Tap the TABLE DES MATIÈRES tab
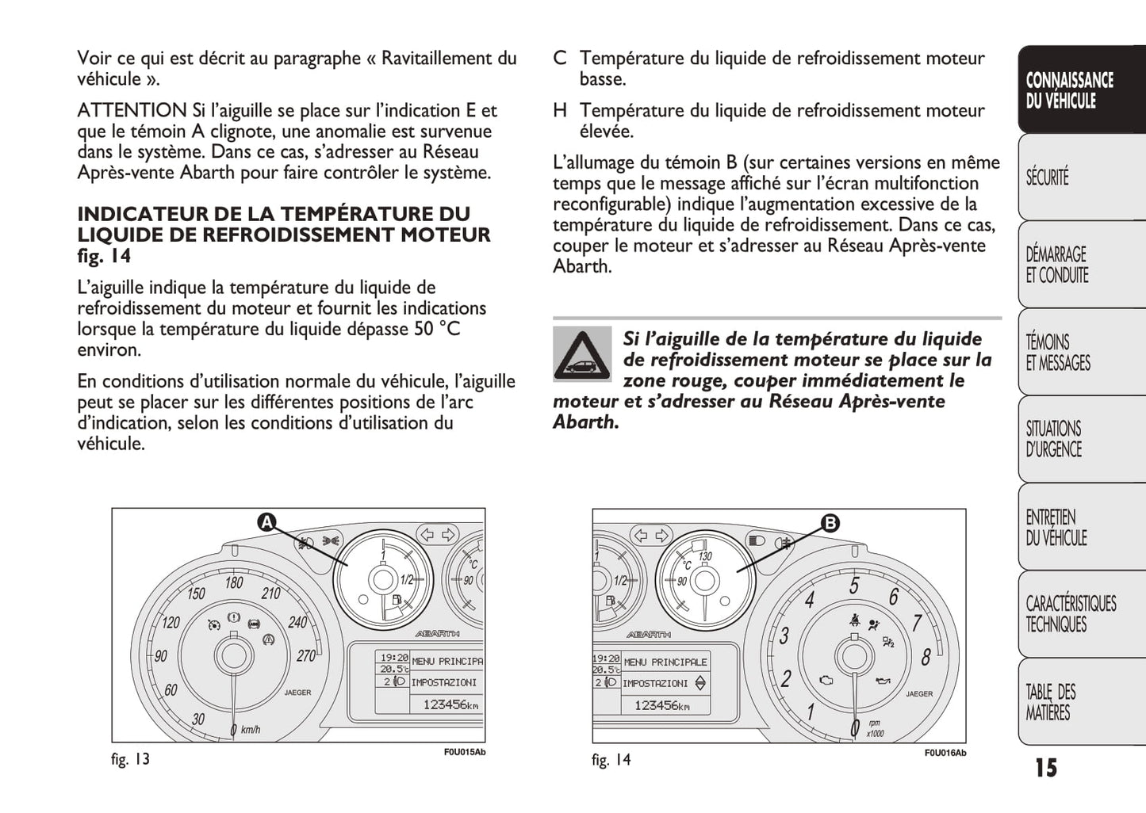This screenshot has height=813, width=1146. point(1051,702)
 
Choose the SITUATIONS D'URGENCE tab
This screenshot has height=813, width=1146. point(1053,439)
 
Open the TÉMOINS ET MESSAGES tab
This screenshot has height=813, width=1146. point(1058,353)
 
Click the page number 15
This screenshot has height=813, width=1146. point(1045,768)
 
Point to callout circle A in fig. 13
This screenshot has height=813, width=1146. point(266,522)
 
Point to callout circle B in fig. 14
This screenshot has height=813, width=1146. point(830,523)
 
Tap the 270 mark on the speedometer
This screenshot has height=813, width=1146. point(305,656)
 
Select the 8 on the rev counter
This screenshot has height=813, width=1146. point(926,657)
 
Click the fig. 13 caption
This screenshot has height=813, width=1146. point(130,759)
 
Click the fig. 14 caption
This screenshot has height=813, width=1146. point(611,760)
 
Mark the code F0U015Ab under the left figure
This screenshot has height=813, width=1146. point(464,753)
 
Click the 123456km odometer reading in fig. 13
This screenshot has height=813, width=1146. point(450,704)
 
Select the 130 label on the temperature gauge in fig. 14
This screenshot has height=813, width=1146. point(705,556)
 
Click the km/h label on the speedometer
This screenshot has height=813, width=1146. point(251,729)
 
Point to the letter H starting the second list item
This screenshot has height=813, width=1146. point(560,111)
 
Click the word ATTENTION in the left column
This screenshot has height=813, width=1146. point(132,111)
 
